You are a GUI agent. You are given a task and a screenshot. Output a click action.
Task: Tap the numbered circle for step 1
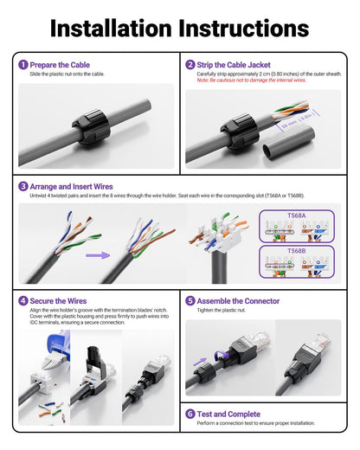pos(22,65)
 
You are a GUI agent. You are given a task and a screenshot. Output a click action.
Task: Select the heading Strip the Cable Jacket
pos(234,65)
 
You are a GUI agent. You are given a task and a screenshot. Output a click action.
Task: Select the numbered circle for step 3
pos(22,185)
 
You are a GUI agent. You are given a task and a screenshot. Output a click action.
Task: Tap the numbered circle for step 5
pos(190,301)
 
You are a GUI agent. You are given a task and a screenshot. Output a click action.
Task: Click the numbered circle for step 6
pos(190,414)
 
